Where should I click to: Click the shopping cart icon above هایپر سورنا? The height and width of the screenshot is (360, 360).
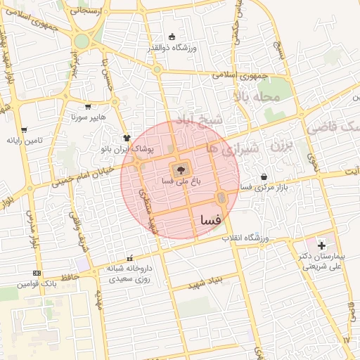tap(88, 108)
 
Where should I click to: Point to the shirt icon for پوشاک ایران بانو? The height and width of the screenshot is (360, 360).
tap(127, 139)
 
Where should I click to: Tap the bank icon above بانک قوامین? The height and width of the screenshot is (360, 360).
tap(37, 273)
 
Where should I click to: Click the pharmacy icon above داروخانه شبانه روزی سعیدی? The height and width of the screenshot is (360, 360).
tap(129, 258)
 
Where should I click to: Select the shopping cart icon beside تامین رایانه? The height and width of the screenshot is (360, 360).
tap(24, 130)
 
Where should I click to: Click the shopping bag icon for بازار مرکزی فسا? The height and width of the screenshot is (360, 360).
tap(264, 177)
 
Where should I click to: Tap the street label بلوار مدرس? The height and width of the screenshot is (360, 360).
tap(31, 229)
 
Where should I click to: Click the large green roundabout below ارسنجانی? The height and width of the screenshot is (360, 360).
tap(82, 41)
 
